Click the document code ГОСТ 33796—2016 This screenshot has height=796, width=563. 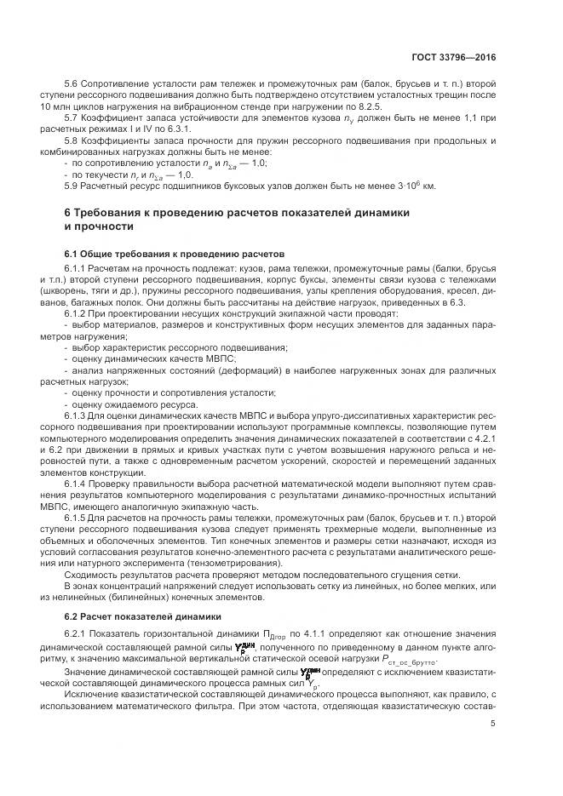pyautogui.click(x=452, y=57)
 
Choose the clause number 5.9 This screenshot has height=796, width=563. pyautogui.click(x=72, y=185)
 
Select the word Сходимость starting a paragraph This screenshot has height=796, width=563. pyautogui.click(x=89, y=574)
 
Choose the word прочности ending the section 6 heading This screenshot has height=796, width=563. pyautogui.click(x=106, y=227)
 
